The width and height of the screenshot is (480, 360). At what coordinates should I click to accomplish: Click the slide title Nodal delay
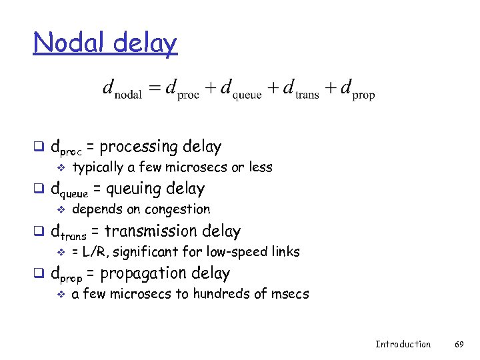[x=105, y=43]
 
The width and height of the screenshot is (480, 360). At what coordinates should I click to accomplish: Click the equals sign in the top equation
[x=154, y=88]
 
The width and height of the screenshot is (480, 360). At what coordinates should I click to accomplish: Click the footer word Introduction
[x=403, y=344]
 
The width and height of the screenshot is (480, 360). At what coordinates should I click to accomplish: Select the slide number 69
[x=459, y=344]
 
